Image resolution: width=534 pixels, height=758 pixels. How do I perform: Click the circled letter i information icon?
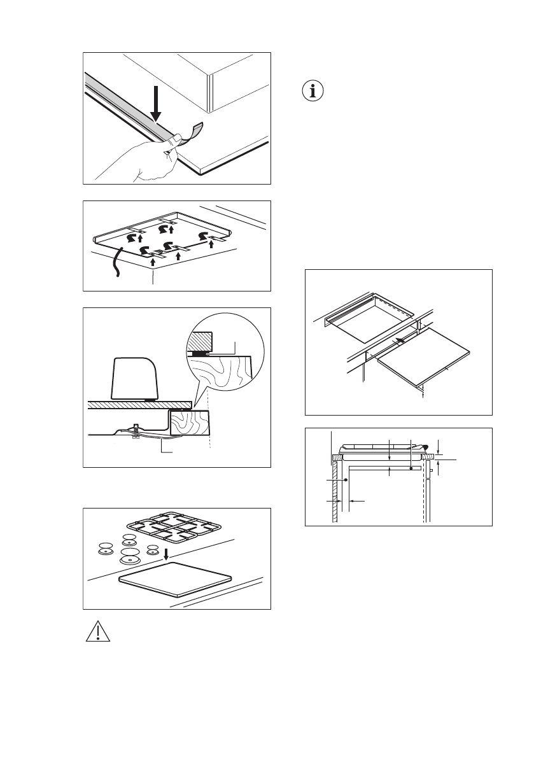(x=312, y=91)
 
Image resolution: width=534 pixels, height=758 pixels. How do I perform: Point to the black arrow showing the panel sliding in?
(x=398, y=342)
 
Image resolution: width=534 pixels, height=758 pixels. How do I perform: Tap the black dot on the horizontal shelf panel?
(x=412, y=468)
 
